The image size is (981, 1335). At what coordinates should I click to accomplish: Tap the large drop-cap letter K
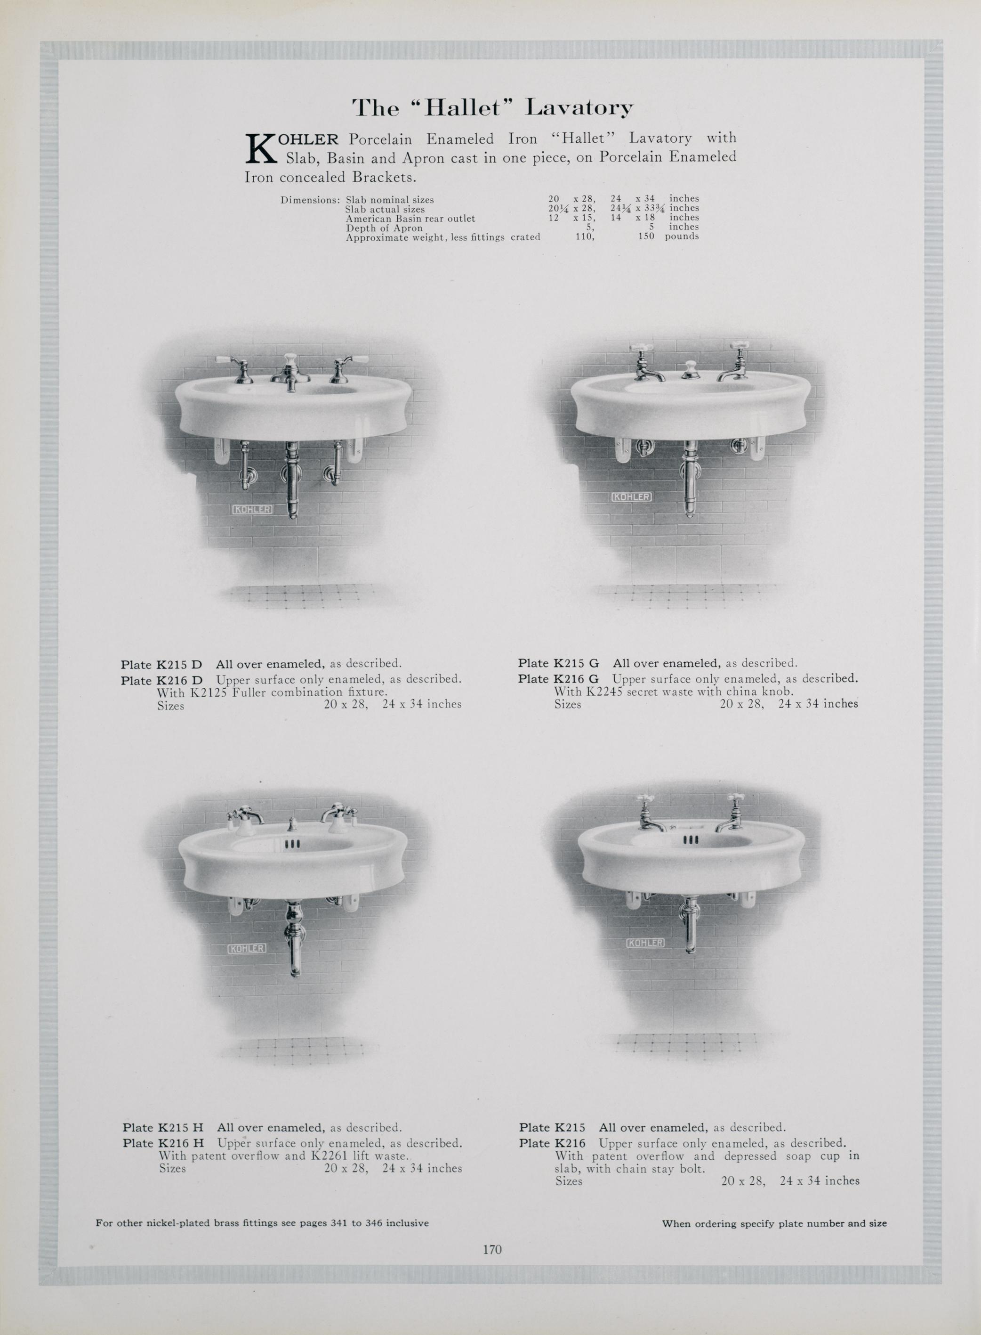[x=261, y=148]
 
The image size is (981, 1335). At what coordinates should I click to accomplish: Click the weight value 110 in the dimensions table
[x=585, y=236]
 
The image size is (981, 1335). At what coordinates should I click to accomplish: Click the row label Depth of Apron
[x=384, y=228]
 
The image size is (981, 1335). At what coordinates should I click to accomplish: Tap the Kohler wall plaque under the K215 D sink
[x=252, y=509]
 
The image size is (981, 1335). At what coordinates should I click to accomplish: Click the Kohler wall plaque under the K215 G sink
[x=631, y=496]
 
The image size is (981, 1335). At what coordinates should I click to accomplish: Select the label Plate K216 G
[x=558, y=678]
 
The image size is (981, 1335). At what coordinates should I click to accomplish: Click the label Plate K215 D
[x=161, y=664]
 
